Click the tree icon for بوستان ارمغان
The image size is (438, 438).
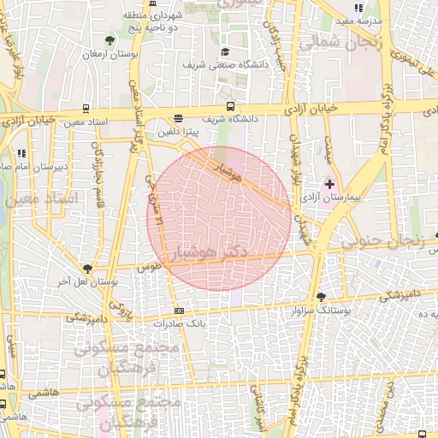[x=109, y=40]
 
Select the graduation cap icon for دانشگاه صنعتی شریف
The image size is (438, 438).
[x=225, y=51]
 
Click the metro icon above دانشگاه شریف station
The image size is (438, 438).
[x=230, y=106]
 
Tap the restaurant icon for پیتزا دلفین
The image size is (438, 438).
[x=177, y=119]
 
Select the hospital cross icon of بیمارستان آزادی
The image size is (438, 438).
[x=330, y=184]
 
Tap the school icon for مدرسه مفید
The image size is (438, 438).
[x=358, y=8]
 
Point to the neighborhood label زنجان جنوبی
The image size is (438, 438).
[x=382, y=242]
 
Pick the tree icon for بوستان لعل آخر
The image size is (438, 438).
[x=86, y=268]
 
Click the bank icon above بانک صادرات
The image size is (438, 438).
[x=179, y=311]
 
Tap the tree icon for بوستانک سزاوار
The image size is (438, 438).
[x=321, y=297]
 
